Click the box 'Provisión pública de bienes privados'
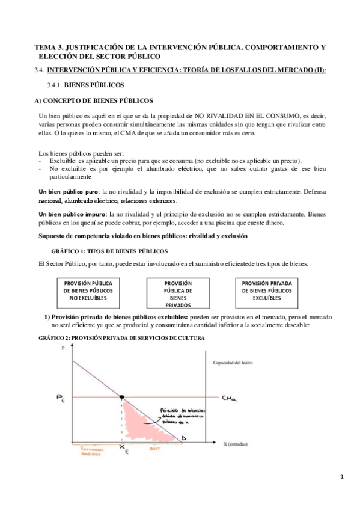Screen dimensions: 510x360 pos(178,293)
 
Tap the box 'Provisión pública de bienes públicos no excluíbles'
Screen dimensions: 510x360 pos(91,290)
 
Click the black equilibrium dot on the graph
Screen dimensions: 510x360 pos(122,397)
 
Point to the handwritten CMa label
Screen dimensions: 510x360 pos(229,398)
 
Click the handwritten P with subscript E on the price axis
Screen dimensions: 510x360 pos(62,398)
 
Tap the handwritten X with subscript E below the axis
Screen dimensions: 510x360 pos(123,449)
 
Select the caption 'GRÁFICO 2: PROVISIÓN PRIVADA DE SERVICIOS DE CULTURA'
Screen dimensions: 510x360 pos(121,338)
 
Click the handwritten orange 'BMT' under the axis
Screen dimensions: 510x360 pos(154,449)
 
